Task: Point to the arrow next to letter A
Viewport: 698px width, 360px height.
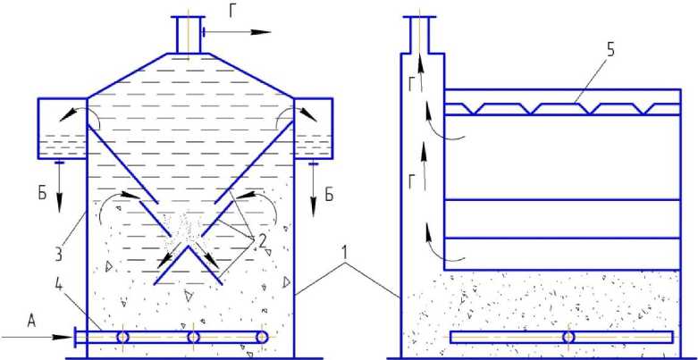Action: coord(36,337)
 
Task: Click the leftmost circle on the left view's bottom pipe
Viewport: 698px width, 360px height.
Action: coord(122,338)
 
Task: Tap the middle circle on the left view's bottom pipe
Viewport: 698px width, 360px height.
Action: coord(193,338)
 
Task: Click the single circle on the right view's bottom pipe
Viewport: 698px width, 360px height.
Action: coord(568,338)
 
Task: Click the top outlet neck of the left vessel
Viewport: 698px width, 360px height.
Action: coord(189,35)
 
